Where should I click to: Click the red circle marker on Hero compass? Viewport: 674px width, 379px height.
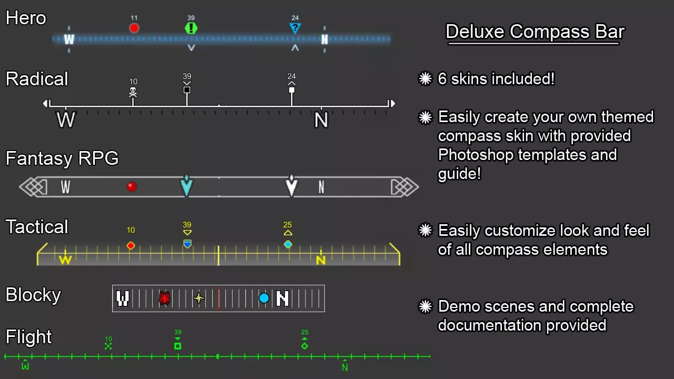click(x=134, y=28)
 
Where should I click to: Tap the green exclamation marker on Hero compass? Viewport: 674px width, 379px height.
click(x=191, y=28)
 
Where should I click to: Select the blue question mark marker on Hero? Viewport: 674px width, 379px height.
click(x=295, y=28)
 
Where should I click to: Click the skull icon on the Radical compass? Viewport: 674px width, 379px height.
click(x=133, y=92)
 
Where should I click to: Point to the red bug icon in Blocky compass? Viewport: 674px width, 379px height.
click(x=164, y=298)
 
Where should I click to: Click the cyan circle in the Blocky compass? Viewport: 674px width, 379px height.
click(x=264, y=298)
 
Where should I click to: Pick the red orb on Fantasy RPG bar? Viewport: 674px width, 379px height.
click(x=132, y=186)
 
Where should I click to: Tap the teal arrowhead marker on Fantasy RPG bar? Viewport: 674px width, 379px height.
click(x=186, y=185)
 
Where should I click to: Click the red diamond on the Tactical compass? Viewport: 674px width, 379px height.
click(x=131, y=245)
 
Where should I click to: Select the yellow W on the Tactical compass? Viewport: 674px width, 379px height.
click(x=65, y=260)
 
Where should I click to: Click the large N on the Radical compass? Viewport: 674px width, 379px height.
click(x=321, y=121)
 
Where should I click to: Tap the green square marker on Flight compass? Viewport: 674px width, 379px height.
click(x=178, y=346)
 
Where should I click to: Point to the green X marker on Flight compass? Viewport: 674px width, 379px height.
click(x=108, y=346)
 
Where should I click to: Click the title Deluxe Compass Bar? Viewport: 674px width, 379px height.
click(x=534, y=32)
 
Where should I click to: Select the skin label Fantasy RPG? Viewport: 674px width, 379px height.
click(x=62, y=158)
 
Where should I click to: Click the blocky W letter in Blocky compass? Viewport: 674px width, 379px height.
click(x=123, y=298)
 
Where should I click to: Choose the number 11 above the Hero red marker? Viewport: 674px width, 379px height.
click(x=134, y=18)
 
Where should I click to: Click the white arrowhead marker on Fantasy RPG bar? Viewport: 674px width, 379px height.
click(x=291, y=185)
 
